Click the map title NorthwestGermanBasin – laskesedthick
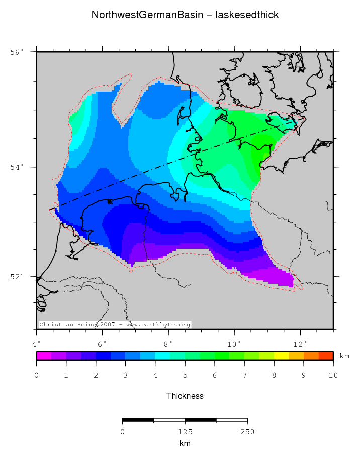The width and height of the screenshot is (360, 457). coord(185,15)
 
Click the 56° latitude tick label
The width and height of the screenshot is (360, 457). coord(18,52)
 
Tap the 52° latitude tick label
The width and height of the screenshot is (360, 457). coord(18,277)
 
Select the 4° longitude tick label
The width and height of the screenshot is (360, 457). coord(37,344)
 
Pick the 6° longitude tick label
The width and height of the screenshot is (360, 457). coord(103,344)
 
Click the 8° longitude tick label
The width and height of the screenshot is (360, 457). coord(168,344)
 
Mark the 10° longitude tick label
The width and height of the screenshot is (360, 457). coord(234,344)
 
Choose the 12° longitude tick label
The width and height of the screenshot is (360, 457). coord(300,344)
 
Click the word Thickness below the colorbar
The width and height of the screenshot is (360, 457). coord(185,396)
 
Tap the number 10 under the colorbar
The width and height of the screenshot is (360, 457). coord(333,375)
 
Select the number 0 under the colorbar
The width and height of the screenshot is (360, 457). coord(37,375)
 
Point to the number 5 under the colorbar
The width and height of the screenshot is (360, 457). coord(185,375)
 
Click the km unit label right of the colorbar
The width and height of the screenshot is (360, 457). coord(344,356)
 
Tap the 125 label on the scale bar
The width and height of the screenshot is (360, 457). coord(185,432)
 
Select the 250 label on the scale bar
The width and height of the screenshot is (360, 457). coord(247,432)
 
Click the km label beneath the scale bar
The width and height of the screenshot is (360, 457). coord(185,444)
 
